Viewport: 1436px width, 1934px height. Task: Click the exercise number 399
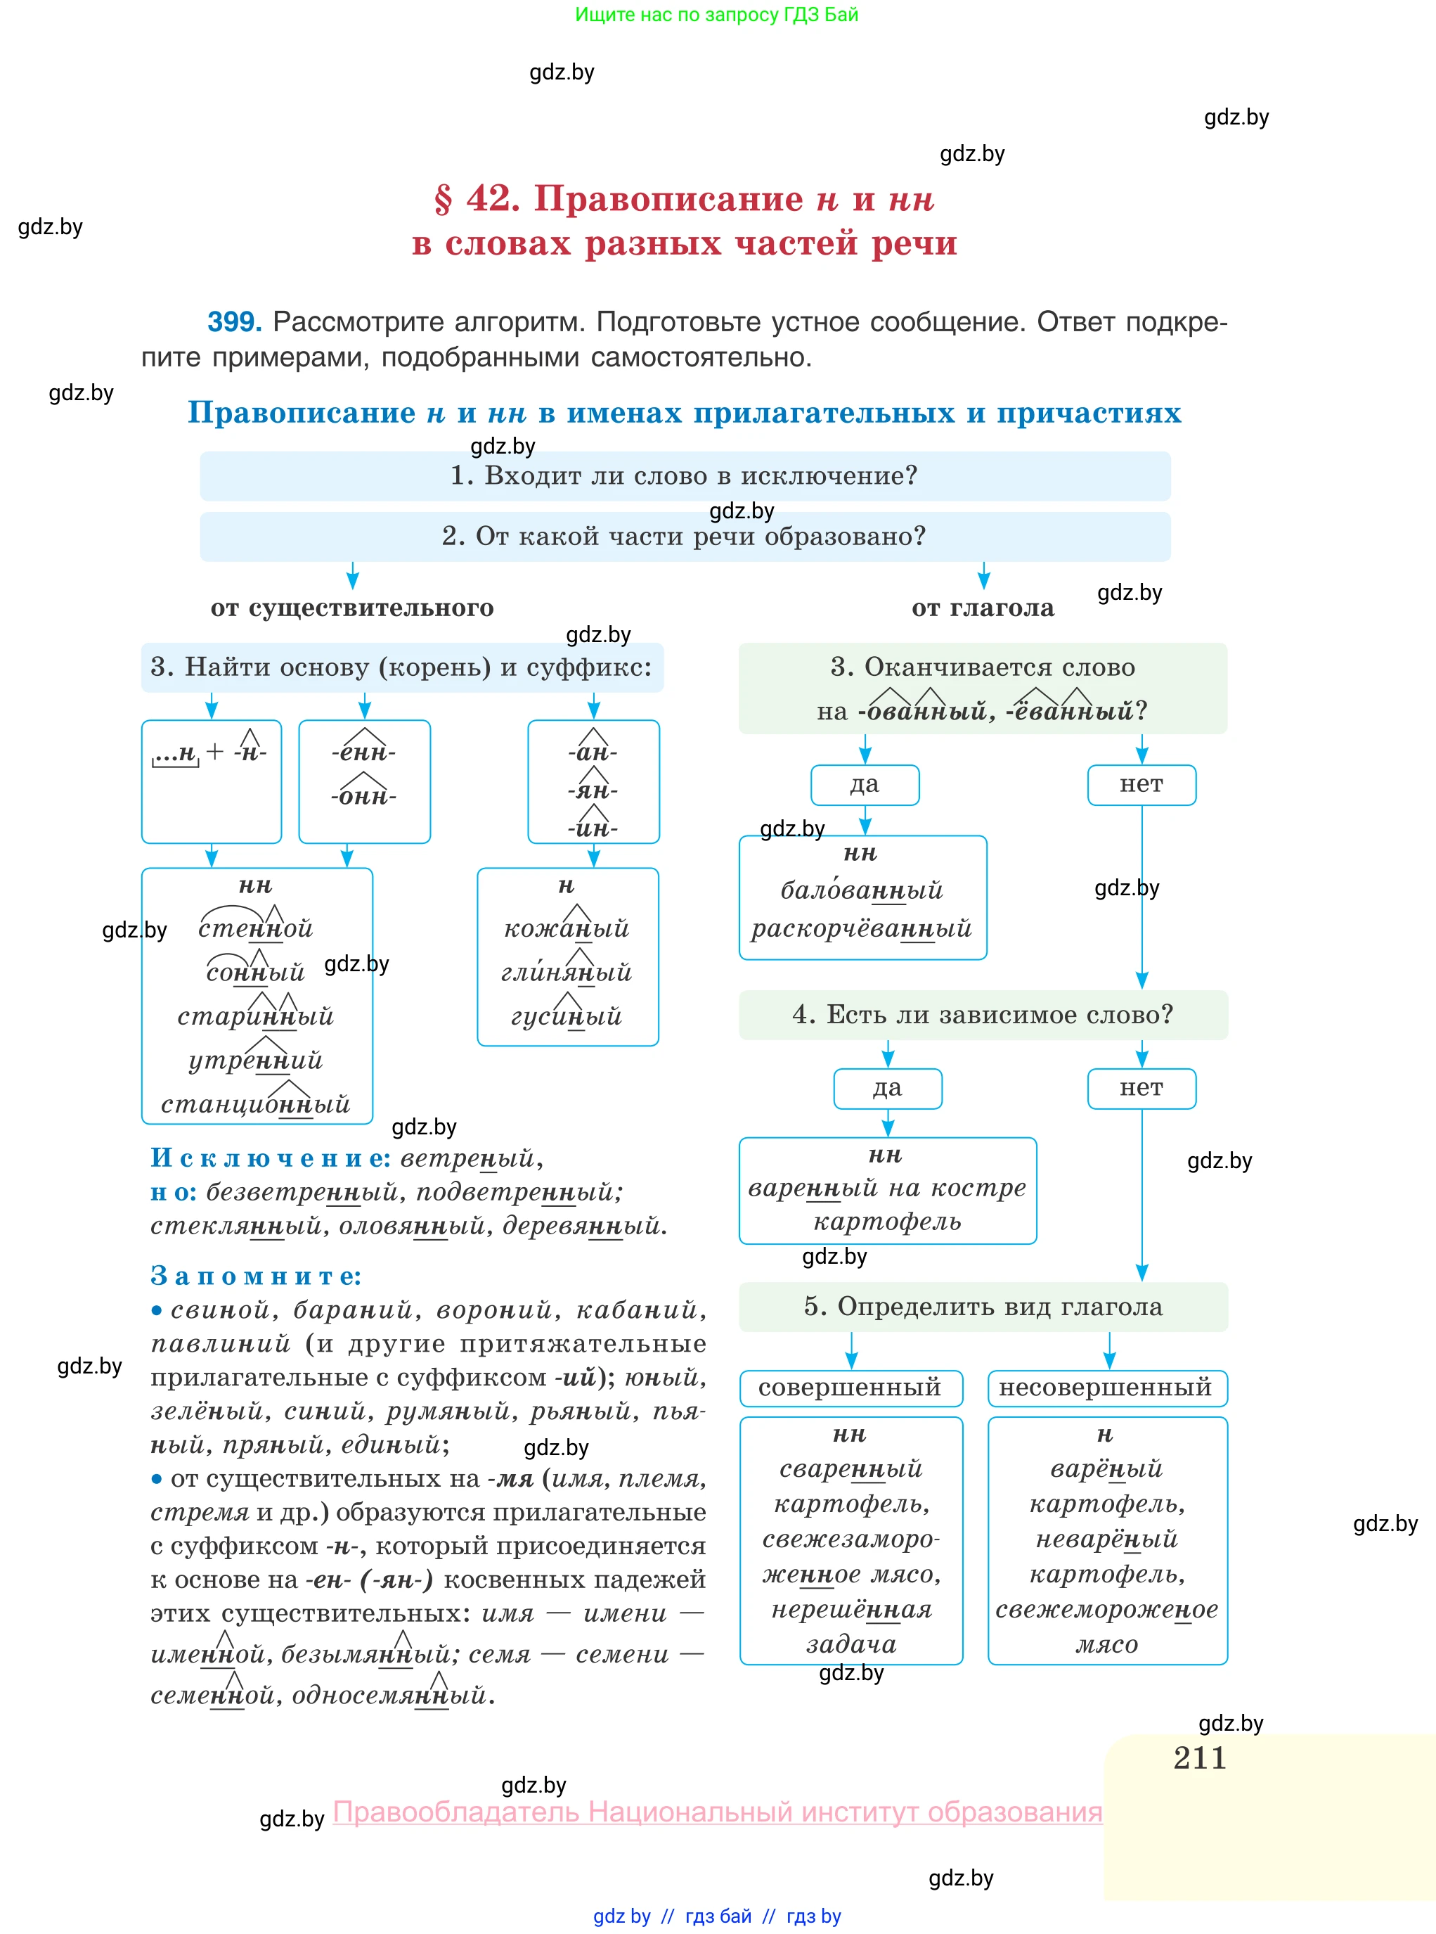pyautogui.click(x=234, y=322)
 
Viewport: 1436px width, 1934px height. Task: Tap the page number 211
pyautogui.click(x=1200, y=1757)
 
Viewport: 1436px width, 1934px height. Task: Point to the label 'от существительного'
pyautogui.click(x=352, y=608)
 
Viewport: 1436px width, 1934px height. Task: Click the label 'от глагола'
pyautogui.click(x=982, y=608)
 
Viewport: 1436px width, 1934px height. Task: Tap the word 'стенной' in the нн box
pyautogui.click(x=256, y=929)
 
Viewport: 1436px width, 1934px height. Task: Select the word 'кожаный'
pyautogui.click(x=567, y=929)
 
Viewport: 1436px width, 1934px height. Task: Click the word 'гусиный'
pyautogui.click(x=567, y=1016)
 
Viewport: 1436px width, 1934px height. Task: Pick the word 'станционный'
pyautogui.click(x=256, y=1104)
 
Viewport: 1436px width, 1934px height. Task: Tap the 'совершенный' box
pyautogui.click(x=850, y=1388)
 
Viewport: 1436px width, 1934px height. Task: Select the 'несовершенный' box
pyautogui.click(x=1106, y=1388)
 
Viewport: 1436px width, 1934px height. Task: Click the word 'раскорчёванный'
pyautogui.click(x=862, y=929)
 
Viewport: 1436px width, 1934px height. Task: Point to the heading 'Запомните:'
pyautogui.click(x=257, y=1276)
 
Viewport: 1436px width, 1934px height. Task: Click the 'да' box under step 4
pyautogui.click(x=888, y=1088)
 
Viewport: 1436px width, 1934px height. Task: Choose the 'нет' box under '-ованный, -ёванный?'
pyautogui.click(x=1141, y=784)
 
